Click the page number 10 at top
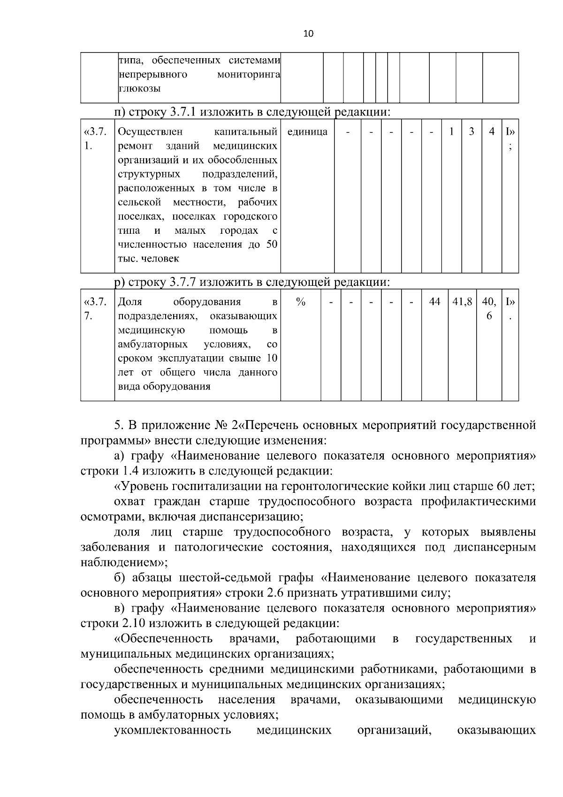click(x=308, y=33)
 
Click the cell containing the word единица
click(x=307, y=132)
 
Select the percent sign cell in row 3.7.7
click(x=301, y=302)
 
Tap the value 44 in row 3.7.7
click(x=435, y=302)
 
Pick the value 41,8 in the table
click(x=462, y=302)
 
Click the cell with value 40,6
click(x=489, y=309)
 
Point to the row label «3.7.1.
click(x=96, y=138)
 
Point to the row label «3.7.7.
click(x=96, y=309)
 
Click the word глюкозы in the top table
click(x=139, y=88)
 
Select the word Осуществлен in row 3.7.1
click(x=150, y=132)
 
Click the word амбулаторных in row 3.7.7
click(x=152, y=345)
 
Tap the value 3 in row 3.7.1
click(x=472, y=132)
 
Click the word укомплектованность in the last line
click(x=172, y=730)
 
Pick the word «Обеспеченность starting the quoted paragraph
click(x=163, y=639)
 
